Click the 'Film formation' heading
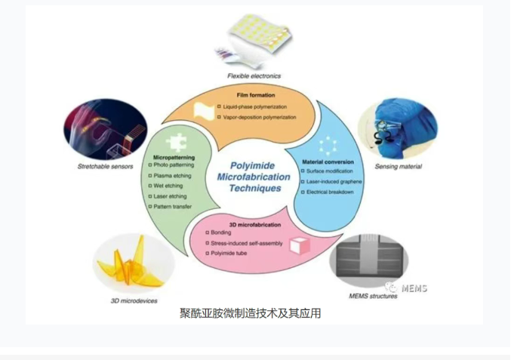coord(256,95)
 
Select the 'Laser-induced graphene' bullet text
coord(334,181)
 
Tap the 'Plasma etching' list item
coord(172,176)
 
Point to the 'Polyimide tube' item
coord(229,253)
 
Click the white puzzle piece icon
coord(177,143)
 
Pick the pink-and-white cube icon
coord(300,246)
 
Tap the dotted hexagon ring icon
coord(328,146)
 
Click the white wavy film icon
coord(204,111)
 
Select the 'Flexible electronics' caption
coord(254,75)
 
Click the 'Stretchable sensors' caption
coord(105,166)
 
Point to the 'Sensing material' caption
coord(399,167)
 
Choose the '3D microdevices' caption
coord(134,300)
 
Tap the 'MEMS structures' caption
coord(373,296)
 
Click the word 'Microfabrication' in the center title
coord(254,177)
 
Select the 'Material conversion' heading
coord(328,162)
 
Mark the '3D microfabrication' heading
coord(255,225)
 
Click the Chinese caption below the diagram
coord(250,313)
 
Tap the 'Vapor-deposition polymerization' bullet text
coord(260,117)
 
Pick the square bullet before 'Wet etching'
coord(150,186)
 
